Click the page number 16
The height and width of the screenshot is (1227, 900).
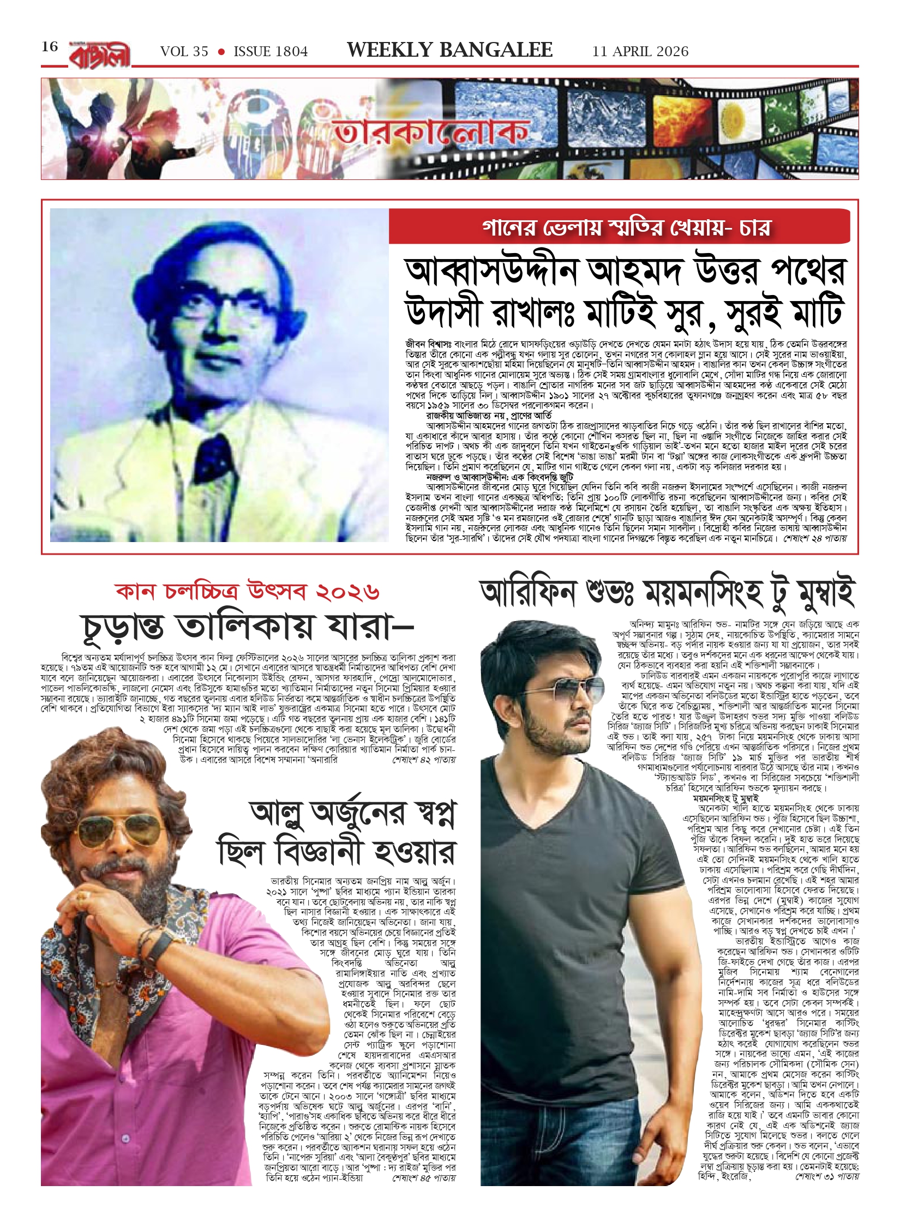[50, 47]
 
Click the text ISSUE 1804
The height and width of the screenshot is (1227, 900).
[271, 52]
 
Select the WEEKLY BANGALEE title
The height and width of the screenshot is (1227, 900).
[449, 50]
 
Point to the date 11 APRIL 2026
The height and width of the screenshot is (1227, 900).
[640, 52]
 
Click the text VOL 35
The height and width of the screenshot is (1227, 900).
[184, 52]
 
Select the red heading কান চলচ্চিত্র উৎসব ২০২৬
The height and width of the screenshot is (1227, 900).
[247, 591]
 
